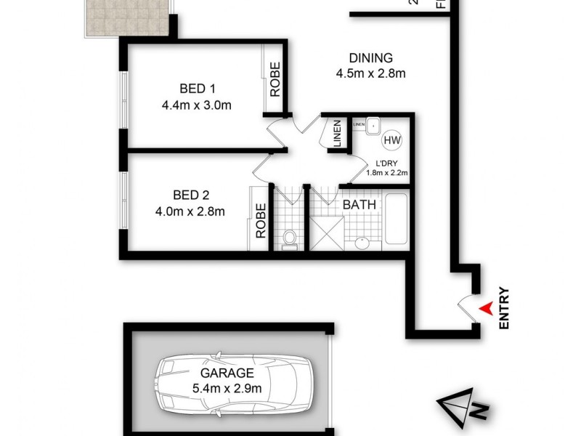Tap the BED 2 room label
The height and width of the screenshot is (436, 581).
(x=191, y=195)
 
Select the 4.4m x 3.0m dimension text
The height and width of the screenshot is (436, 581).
(x=198, y=105)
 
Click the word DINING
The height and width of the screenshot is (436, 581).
(x=370, y=58)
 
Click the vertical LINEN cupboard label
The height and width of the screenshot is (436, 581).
(x=337, y=135)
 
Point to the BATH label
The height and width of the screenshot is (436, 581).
(x=359, y=205)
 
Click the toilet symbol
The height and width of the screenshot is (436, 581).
(x=288, y=237)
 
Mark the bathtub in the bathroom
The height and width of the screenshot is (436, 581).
(x=397, y=220)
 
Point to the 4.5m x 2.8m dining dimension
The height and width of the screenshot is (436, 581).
(x=370, y=73)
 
